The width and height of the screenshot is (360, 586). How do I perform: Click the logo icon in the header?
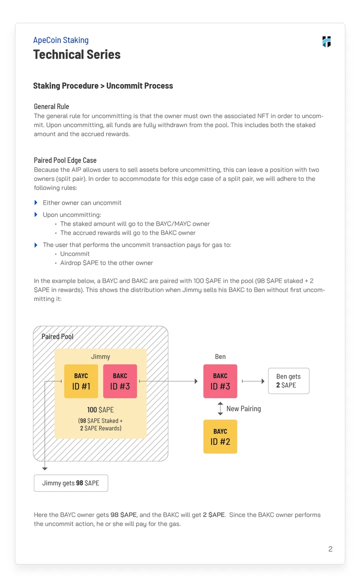click(x=326, y=42)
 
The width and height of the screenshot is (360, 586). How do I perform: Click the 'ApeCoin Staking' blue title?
click(x=61, y=40)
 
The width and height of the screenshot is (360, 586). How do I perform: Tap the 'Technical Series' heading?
click(x=77, y=54)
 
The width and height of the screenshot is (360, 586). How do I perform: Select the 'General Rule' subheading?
click(x=51, y=107)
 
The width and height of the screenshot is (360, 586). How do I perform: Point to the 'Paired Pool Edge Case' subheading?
click(x=65, y=160)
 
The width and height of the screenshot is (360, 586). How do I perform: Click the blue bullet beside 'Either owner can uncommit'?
click(x=36, y=202)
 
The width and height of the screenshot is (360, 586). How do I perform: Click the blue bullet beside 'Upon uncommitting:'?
click(x=36, y=215)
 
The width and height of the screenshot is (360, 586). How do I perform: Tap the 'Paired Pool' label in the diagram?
click(x=57, y=336)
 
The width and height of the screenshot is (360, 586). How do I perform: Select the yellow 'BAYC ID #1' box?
click(x=81, y=381)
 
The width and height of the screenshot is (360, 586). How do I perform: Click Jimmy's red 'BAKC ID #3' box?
click(x=120, y=381)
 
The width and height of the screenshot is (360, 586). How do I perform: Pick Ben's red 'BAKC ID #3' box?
click(x=220, y=381)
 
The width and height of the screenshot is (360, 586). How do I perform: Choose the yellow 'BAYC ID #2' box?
click(x=220, y=437)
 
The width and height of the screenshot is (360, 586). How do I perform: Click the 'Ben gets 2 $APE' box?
click(x=288, y=381)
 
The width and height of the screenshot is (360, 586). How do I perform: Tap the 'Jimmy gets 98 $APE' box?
click(x=71, y=483)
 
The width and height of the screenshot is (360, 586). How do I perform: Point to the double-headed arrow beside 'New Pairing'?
click(x=220, y=408)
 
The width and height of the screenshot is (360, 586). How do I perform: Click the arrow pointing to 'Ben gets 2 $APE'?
click(x=253, y=381)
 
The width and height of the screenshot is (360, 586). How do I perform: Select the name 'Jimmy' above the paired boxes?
click(x=100, y=357)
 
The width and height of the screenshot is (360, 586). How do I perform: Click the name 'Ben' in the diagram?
click(x=220, y=357)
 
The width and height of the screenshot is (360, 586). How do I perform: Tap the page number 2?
click(x=330, y=549)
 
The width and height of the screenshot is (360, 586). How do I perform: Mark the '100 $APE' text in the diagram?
click(x=100, y=410)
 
